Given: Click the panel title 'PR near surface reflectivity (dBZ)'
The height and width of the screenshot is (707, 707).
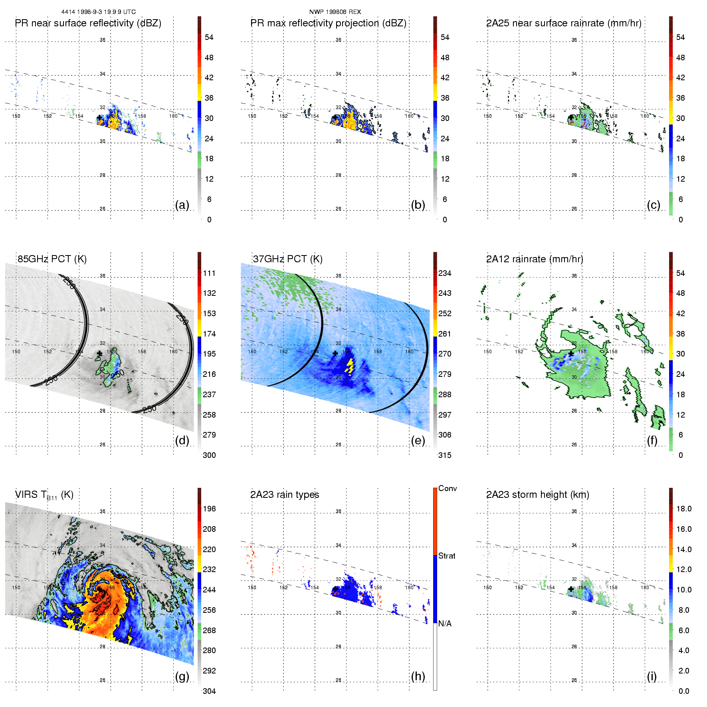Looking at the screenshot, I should [x=88, y=23].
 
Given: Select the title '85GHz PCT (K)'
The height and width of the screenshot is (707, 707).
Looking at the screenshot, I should [x=52, y=259].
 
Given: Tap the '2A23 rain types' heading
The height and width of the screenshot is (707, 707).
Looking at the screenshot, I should [x=285, y=495].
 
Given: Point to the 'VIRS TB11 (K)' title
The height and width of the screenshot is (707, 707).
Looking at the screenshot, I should [x=44, y=495].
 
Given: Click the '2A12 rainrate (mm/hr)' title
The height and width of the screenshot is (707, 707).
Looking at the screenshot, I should [x=535, y=259].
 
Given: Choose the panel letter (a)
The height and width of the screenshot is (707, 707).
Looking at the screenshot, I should [x=182, y=205].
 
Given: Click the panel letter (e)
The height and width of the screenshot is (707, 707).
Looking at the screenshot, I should [x=418, y=441].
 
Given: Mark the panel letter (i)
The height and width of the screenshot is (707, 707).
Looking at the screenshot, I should [x=652, y=676].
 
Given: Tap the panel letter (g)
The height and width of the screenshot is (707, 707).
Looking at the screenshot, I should [x=182, y=676].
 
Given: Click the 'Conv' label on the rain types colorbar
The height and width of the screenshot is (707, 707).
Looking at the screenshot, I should [x=448, y=488].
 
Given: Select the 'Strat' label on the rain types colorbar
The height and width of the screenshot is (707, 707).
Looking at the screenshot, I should [x=447, y=556].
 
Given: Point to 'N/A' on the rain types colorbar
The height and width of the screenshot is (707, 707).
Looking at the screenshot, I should [x=445, y=624].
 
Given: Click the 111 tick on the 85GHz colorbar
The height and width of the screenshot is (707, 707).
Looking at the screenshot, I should [x=209, y=273].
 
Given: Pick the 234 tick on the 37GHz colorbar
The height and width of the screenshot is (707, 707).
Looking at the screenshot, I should [x=445, y=273].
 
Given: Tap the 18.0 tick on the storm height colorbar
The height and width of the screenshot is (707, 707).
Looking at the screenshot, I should [x=684, y=509].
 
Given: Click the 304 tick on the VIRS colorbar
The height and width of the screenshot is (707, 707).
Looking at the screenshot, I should [x=209, y=691].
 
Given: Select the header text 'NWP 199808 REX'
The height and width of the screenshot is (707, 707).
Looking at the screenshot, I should [x=335, y=12].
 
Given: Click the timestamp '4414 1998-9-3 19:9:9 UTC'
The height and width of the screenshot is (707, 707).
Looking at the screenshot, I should [x=99, y=12].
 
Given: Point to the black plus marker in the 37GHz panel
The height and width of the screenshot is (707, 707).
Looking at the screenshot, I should [x=335, y=353].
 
